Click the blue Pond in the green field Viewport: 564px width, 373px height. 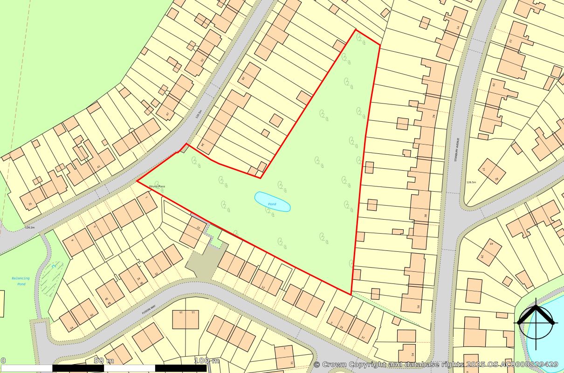(x=272, y=201)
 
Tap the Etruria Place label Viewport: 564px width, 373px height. (x=157, y=186)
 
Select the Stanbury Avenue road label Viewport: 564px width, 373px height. (x=458, y=149)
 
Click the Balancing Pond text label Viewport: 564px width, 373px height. (x=21, y=281)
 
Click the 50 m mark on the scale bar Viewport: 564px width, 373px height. (x=103, y=361)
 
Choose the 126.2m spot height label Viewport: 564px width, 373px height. (x=30, y=228)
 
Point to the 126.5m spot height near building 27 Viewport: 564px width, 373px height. (x=471, y=182)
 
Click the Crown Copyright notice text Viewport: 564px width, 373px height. (x=436, y=364)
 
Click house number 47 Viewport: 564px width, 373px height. (x=168, y=114)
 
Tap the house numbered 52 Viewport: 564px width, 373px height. (x=202, y=60)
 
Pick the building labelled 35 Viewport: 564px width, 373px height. (x=31, y=204)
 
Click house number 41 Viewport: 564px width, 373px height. (x=98, y=166)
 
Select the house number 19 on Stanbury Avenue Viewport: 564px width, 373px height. (x=493, y=84)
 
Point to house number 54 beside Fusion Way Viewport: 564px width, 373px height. (x=71, y=328)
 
